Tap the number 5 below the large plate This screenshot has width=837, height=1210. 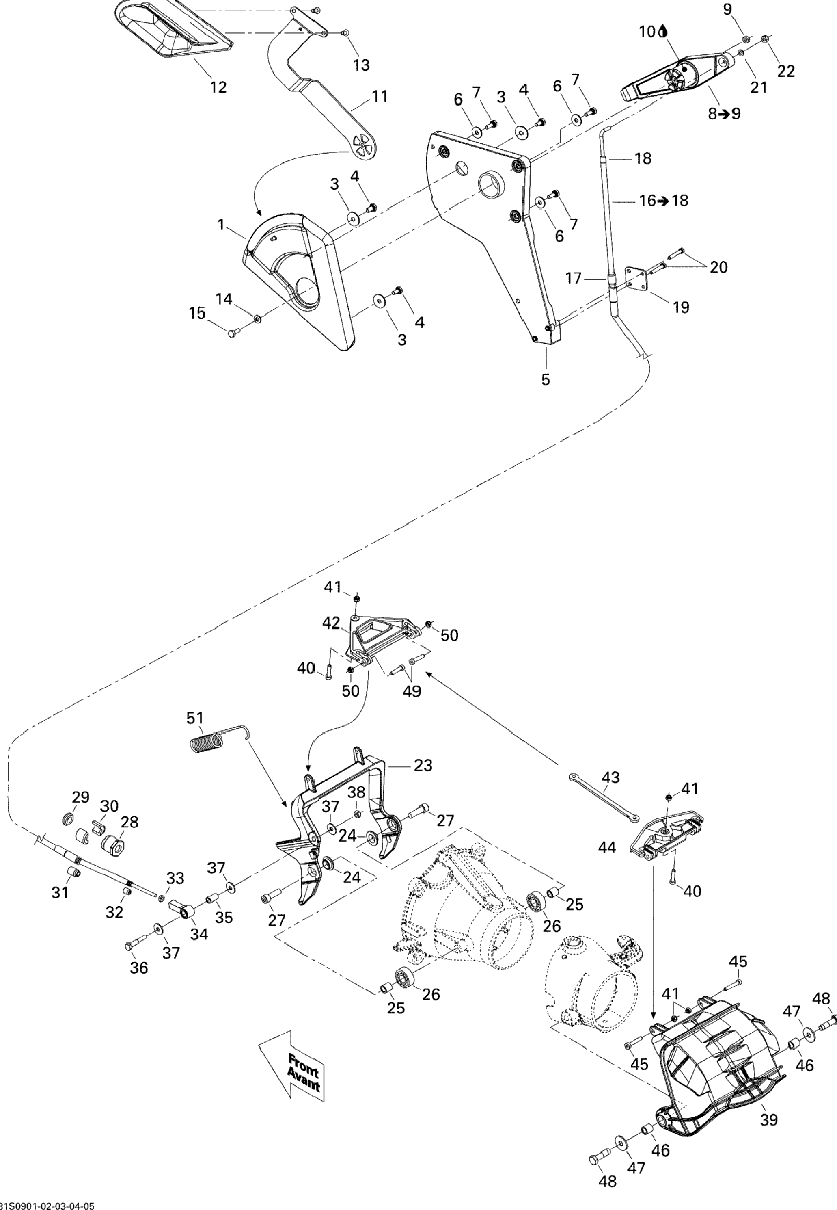[x=546, y=380]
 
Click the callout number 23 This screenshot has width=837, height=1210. [x=423, y=766]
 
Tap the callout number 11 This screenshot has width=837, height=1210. [x=379, y=97]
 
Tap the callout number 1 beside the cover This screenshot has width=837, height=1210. [x=221, y=225]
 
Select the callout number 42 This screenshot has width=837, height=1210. [x=332, y=623]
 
